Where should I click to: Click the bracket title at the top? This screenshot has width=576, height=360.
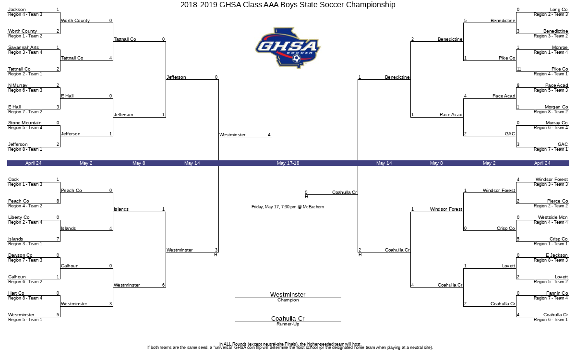pos(288,5)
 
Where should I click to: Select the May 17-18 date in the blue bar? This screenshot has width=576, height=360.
pos(288,163)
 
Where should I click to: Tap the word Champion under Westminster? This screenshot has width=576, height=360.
pos(288,300)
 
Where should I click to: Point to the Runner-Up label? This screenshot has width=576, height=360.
pos(288,324)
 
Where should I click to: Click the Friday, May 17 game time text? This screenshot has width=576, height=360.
pos(288,207)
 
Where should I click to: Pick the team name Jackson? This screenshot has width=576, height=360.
pos(17,10)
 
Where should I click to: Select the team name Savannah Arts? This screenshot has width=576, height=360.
pos(24,48)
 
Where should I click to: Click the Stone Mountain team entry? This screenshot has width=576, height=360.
pos(25,123)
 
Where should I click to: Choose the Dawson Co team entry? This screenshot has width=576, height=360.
pos(21,255)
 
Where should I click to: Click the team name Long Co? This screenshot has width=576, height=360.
pos(559,10)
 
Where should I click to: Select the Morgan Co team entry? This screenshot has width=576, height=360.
pos(556,107)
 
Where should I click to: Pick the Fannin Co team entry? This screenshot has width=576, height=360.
pos(557,293)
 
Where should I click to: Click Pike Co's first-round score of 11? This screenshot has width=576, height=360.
pos(519,69)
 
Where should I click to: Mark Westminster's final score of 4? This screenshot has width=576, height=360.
pos(269,135)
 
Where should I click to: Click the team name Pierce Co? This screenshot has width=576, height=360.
pos(557,201)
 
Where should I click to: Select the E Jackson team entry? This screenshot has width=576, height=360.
pos(557,255)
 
